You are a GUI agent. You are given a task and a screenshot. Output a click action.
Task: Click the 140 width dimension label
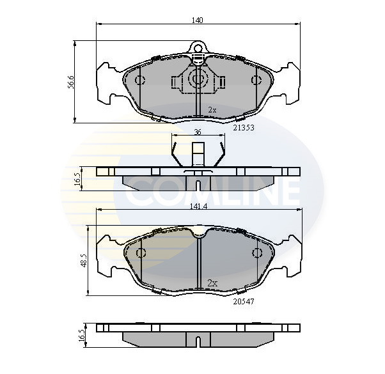coord(198,20)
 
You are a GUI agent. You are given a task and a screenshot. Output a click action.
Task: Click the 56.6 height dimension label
coord(71,82)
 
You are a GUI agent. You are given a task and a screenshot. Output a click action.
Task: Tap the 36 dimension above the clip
coord(198,132)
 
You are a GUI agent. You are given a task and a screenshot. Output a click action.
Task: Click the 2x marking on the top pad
coord(212,110)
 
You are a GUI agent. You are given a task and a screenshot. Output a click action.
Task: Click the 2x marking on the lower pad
coord(212,282)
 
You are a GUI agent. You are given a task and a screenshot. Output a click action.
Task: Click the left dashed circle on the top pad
coord(140,80)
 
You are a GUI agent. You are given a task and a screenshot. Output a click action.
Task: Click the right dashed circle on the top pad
coord(256,80)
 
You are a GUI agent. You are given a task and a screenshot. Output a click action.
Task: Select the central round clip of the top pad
coord(198,80)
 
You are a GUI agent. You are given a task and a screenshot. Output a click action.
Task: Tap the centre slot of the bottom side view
coord(198,341)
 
